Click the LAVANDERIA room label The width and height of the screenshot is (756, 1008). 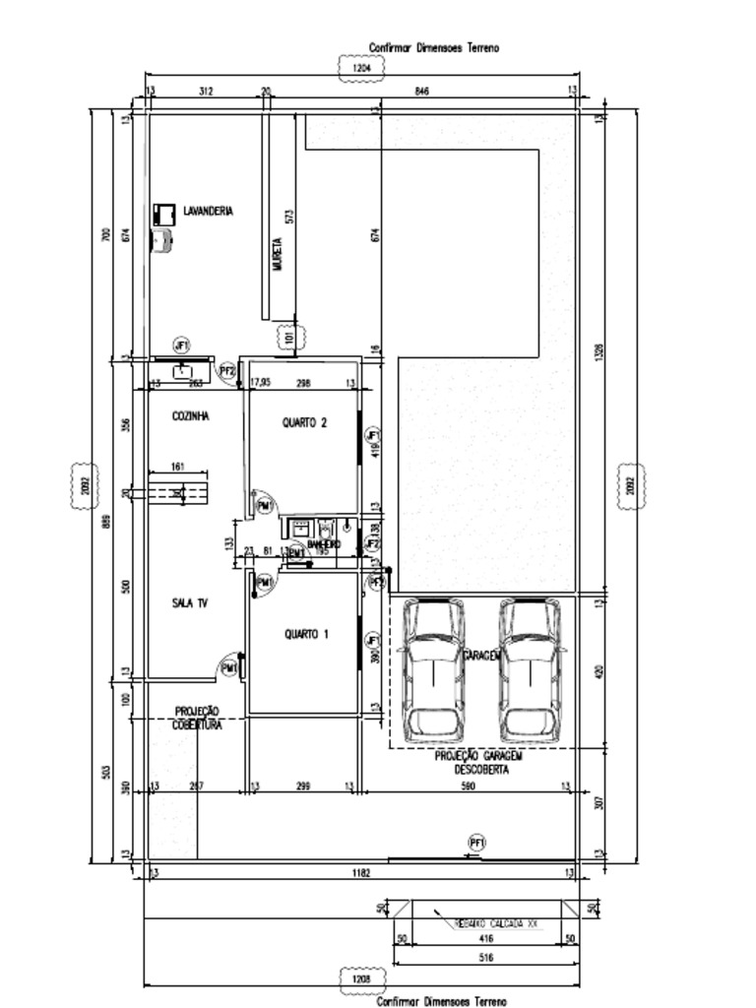coord(208,211)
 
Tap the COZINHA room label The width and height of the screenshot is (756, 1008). coord(190,416)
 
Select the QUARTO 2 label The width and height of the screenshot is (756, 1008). coord(304,422)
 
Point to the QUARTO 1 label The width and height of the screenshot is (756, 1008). coord(306,635)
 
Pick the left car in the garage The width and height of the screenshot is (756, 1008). coord(433,670)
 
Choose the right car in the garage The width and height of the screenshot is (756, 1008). coord(530,670)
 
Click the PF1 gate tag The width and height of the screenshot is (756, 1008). coord(477,844)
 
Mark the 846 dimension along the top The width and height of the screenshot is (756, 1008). coord(422,92)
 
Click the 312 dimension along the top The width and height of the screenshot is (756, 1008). coord(206,92)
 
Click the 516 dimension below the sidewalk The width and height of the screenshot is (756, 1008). coord(485,956)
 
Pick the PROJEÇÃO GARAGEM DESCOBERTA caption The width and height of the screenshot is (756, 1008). coord(480,763)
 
